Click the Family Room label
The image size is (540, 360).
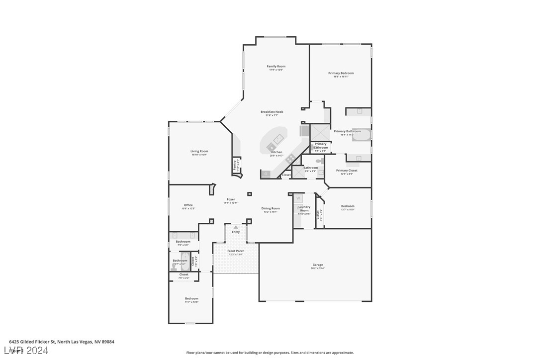(276, 66)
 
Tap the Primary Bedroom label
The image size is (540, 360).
(341, 73)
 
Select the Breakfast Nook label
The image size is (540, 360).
(272, 112)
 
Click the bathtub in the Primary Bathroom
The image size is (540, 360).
(361, 135)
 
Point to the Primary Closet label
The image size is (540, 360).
(347, 171)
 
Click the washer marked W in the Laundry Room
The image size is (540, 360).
(298, 198)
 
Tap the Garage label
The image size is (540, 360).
(318, 265)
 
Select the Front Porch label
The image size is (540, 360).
(236, 251)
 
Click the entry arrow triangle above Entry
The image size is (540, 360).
(236, 227)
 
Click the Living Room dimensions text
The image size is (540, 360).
(199, 155)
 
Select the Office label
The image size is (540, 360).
(188, 205)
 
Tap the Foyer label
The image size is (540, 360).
(231, 199)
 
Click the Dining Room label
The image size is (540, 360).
(271, 208)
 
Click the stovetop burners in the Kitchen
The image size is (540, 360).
(290, 159)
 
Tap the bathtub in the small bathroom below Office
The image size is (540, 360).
(185, 261)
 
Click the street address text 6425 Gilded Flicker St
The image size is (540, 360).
(62, 342)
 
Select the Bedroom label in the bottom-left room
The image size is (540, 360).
(191, 298)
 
